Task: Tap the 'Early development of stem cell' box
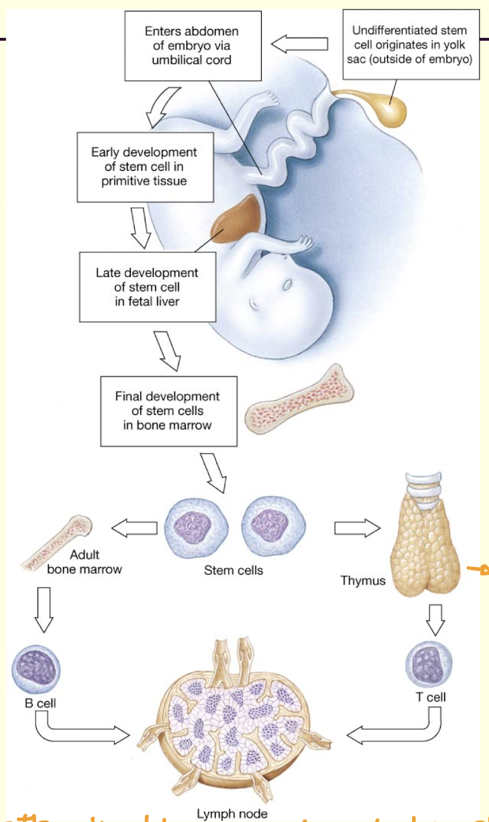(x=144, y=166)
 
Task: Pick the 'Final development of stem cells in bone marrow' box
(x=168, y=410)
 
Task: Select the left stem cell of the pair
(x=196, y=527)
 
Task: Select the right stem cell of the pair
(x=273, y=527)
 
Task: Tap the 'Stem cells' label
(x=233, y=570)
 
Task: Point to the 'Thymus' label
(x=363, y=580)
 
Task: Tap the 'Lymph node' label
(x=241, y=813)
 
